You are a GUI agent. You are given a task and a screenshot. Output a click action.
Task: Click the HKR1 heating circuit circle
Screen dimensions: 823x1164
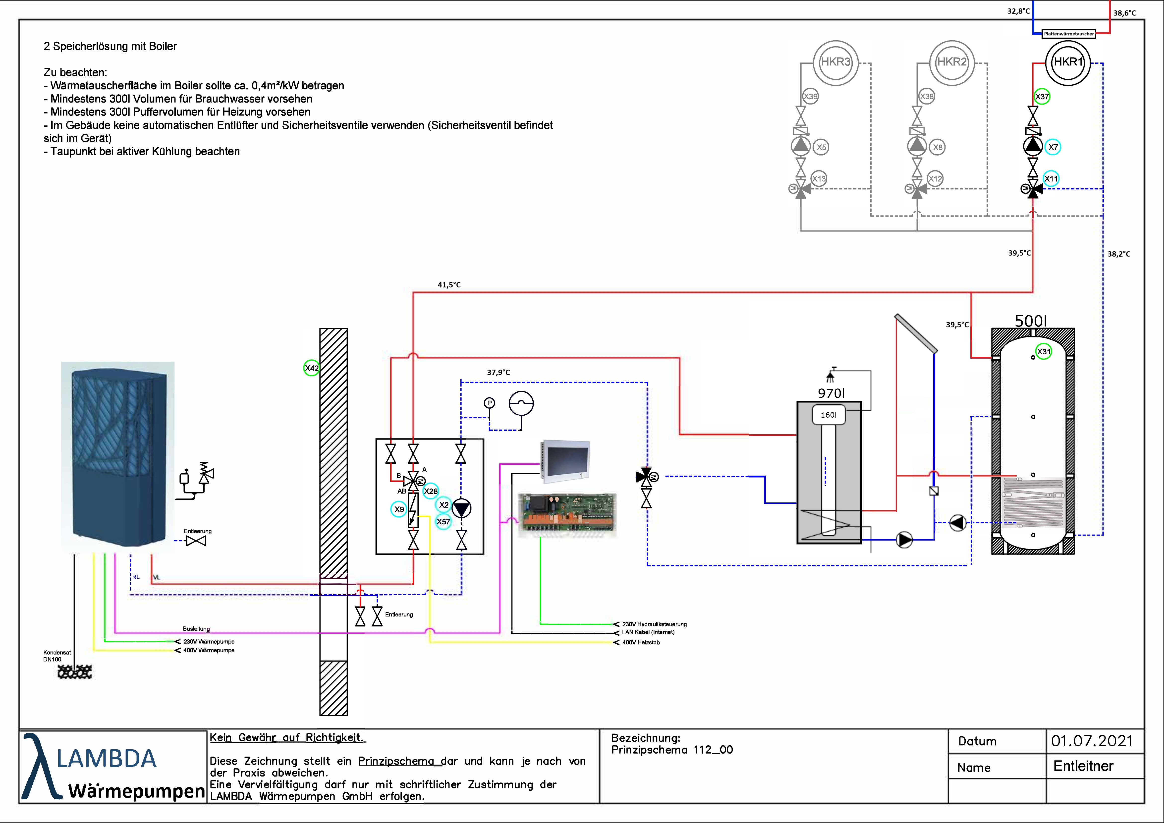pyautogui.click(x=1068, y=62)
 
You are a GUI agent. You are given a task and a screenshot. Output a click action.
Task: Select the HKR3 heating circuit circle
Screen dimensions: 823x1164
pyautogui.click(x=835, y=62)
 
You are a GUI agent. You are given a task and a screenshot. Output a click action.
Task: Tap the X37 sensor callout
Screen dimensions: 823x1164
pyautogui.click(x=1042, y=96)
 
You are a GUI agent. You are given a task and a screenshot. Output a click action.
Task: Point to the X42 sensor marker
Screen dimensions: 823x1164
pyautogui.click(x=311, y=368)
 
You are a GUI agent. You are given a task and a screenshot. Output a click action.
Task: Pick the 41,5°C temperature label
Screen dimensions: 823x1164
pyautogui.click(x=449, y=285)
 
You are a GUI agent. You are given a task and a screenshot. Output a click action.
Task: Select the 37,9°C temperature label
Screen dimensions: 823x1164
pyautogui.click(x=498, y=372)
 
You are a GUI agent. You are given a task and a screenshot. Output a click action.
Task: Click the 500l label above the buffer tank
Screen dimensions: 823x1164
pyautogui.click(x=1031, y=321)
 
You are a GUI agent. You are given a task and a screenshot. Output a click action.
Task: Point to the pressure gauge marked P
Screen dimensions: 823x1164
pyautogui.click(x=489, y=403)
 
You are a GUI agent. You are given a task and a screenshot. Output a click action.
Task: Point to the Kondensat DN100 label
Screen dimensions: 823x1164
pyautogui.click(x=57, y=656)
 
